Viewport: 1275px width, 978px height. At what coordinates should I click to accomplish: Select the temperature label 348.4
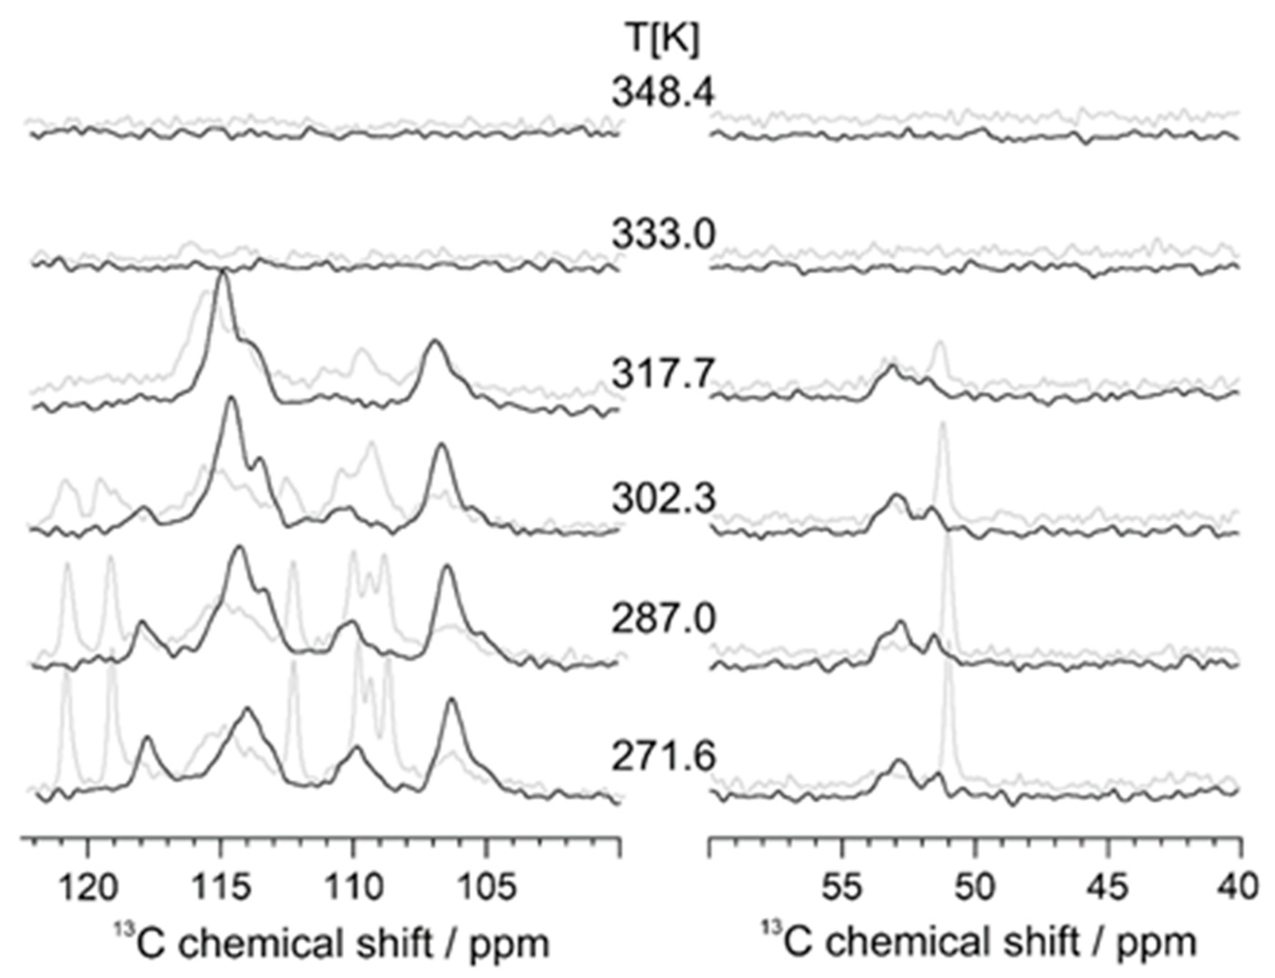[663, 93]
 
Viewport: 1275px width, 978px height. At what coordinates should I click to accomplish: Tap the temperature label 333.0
[663, 235]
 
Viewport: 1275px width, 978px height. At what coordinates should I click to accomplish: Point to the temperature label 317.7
[663, 374]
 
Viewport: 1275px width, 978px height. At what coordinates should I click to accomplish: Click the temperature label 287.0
[663, 620]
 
